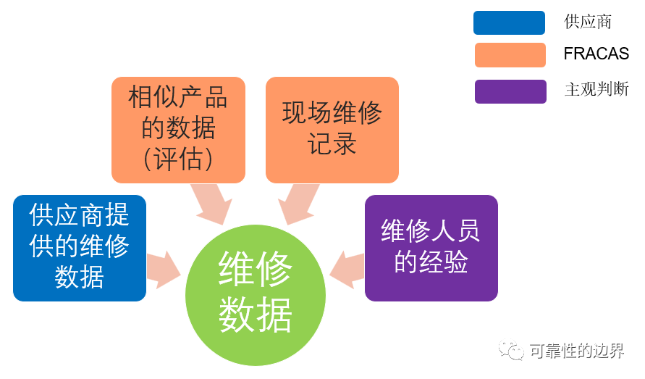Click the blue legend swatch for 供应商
click(509, 22)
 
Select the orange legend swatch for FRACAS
click(510, 55)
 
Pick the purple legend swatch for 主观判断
click(510, 91)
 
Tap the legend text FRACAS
click(596, 54)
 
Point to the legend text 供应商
click(588, 22)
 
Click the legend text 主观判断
click(596, 89)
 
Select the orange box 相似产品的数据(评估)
click(179, 130)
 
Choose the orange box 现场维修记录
click(332, 130)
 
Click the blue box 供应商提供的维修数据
click(80, 248)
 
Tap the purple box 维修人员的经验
click(431, 248)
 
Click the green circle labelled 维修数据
click(256, 295)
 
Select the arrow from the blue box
click(164, 270)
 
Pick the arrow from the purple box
click(347, 270)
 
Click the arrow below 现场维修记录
click(299, 204)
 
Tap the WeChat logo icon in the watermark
click(511, 350)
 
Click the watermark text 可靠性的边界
click(577, 351)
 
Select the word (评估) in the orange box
click(178, 159)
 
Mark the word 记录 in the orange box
click(332, 143)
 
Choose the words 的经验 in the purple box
click(431, 262)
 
